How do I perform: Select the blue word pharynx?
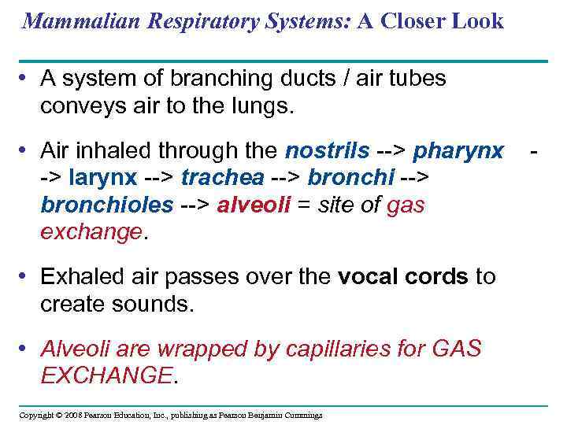tap(458, 150)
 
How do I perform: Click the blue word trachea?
tap(213, 177)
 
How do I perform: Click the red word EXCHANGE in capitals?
tap(106, 375)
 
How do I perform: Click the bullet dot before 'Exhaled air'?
tap(28, 276)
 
